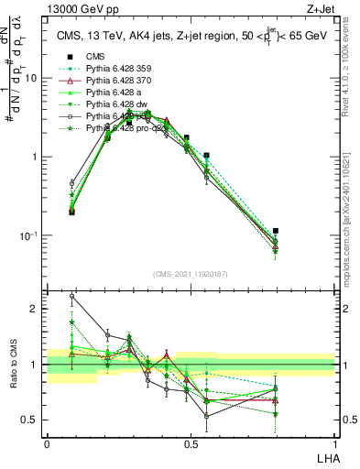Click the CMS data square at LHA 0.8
[276, 231]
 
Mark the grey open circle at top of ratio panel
[72, 296]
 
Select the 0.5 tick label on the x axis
[191, 442]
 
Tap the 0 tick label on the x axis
[47, 442]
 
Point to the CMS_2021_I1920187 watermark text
[191, 274]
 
